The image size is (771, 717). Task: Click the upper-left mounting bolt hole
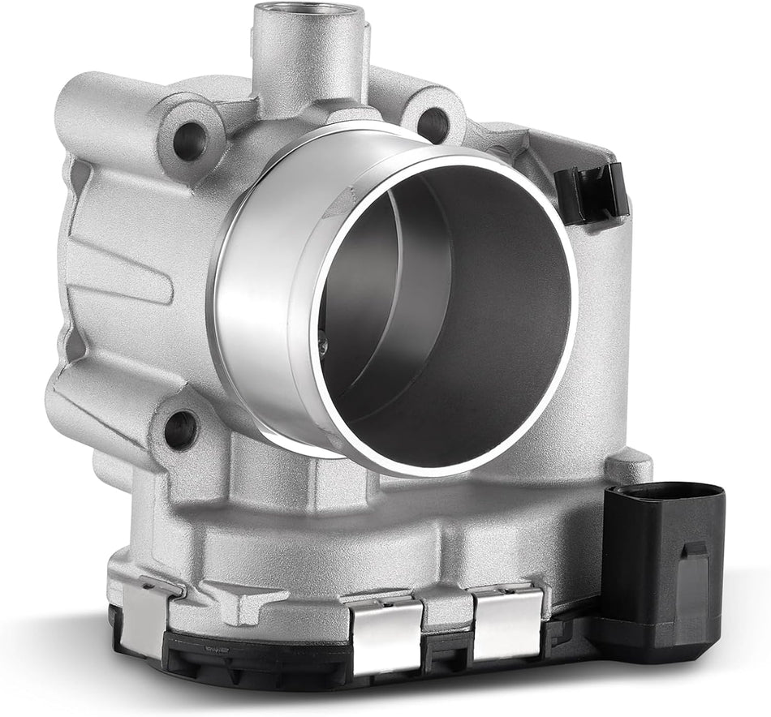(x=188, y=143)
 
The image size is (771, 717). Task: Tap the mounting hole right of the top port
(x=433, y=124)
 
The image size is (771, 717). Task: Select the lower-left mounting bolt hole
(x=180, y=428)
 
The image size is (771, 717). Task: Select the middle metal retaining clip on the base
(x=386, y=633)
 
